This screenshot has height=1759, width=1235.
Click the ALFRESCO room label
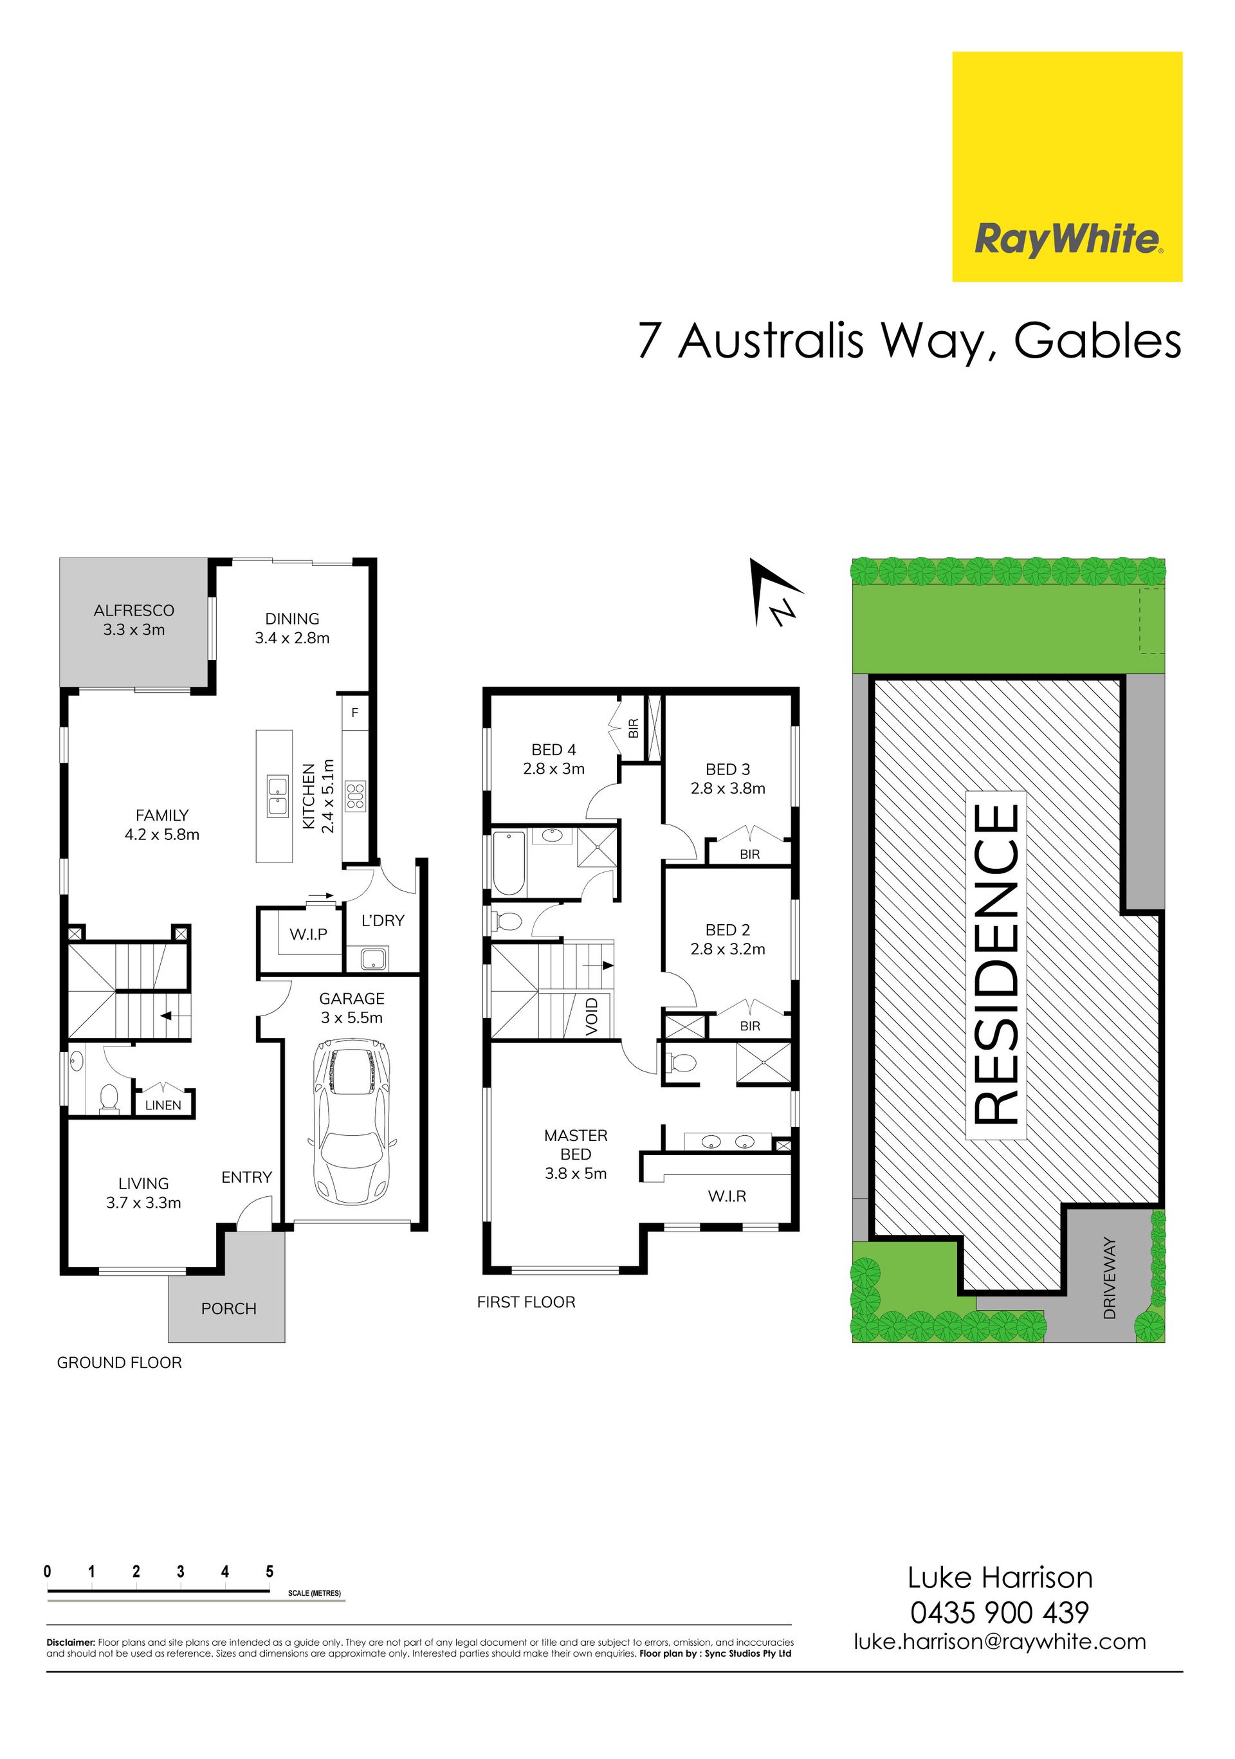[x=134, y=610]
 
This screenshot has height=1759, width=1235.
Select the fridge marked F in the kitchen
[x=354, y=713]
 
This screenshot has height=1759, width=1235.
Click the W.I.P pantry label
[x=309, y=934]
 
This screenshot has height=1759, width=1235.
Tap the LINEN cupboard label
[x=163, y=1106]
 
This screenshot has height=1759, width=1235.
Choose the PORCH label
[x=228, y=1309]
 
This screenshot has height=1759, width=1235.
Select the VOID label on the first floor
[x=592, y=1017]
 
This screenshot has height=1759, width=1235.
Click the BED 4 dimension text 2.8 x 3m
[x=554, y=769]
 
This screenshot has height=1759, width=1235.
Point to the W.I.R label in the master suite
[x=727, y=1196]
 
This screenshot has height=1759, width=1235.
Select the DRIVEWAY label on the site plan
[x=1110, y=1278]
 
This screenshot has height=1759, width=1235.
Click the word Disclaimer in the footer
[x=71, y=1643]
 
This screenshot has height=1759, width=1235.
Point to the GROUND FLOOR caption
[x=120, y=1363]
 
